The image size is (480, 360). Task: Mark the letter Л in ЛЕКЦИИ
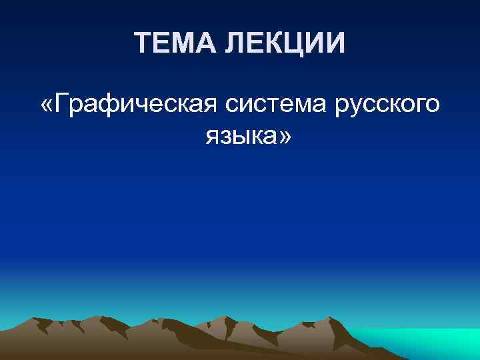pos(231,44)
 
